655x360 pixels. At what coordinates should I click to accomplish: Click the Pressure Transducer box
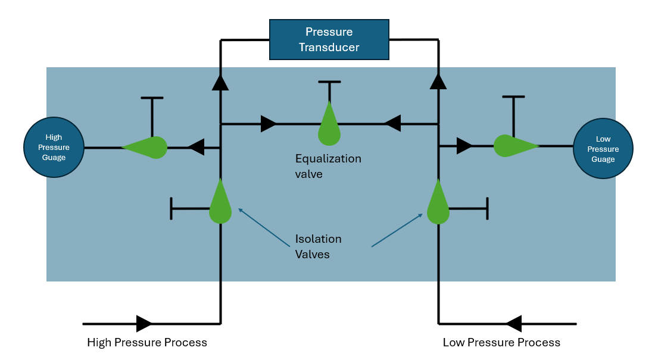[x=329, y=39]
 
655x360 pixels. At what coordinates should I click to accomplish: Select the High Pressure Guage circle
[x=54, y=147]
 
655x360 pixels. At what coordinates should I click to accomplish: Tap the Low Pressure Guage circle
[x=603, y=149]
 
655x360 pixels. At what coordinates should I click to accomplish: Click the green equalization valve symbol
[x=329, y=126]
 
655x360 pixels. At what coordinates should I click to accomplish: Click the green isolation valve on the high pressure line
[x=220, y=204]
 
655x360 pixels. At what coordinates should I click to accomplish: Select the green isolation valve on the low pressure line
[x=438, y=204]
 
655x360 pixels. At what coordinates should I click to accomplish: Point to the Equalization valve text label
[x=328, y=167]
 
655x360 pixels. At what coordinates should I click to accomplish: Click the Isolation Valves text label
[x=318, y=246]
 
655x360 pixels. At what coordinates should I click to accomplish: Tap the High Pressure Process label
[x=147, y=343]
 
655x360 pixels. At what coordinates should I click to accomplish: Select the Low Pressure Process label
[x=501, y=343]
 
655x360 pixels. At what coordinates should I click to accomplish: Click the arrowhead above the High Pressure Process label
[x=144, y=324]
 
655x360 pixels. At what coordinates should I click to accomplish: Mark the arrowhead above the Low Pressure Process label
[x=513, y=324]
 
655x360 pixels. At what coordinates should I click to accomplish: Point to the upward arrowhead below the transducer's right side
[x=438, y=81]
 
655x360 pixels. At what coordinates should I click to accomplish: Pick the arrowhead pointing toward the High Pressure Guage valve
[x=196, y=146]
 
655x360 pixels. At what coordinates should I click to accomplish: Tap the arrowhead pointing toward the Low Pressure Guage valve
[x=464, y=145]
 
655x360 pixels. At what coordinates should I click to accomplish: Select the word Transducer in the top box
[x=329, y=47]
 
